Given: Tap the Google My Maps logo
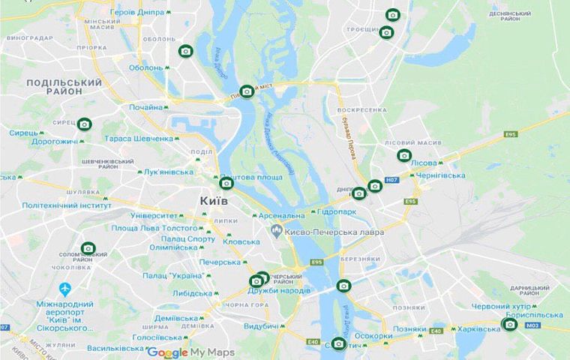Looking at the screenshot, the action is click(x=190, y=352).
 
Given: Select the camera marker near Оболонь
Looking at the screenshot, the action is click(x=185, y=51).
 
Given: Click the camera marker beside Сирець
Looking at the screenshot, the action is click(x=85, y=124).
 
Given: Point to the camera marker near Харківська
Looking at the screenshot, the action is click(x=510, y=324).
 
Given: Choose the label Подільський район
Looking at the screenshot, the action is click(x=53, y=86).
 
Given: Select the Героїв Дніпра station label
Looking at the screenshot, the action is click(x=136, y=13).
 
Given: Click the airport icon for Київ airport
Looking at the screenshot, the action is click(x=64, y=288).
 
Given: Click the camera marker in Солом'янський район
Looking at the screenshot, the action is click(x=88, y=248).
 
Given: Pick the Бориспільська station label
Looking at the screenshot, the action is click(x=534, y=315).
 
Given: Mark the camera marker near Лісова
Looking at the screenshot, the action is click(x=404, y=155).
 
